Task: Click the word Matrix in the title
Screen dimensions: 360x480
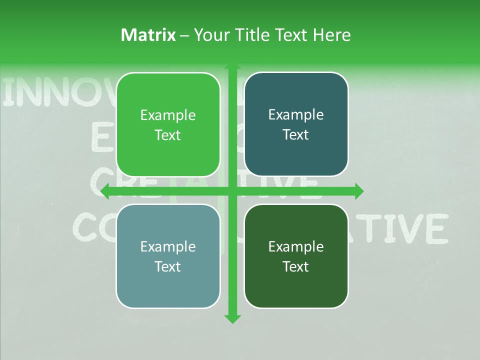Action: (148, 35)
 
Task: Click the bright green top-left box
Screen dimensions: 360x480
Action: (168, 125)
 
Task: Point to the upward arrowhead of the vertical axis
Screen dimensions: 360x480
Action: (232, 68)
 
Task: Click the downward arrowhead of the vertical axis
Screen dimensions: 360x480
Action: (232, 318)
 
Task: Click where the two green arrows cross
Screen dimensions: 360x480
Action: (232, 191)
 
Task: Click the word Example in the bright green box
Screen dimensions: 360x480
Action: (168, 115)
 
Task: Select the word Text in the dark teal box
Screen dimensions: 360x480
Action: (296, 135)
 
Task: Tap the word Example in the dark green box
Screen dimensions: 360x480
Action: (296, 246)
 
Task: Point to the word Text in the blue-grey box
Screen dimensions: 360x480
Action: (168, 266)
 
